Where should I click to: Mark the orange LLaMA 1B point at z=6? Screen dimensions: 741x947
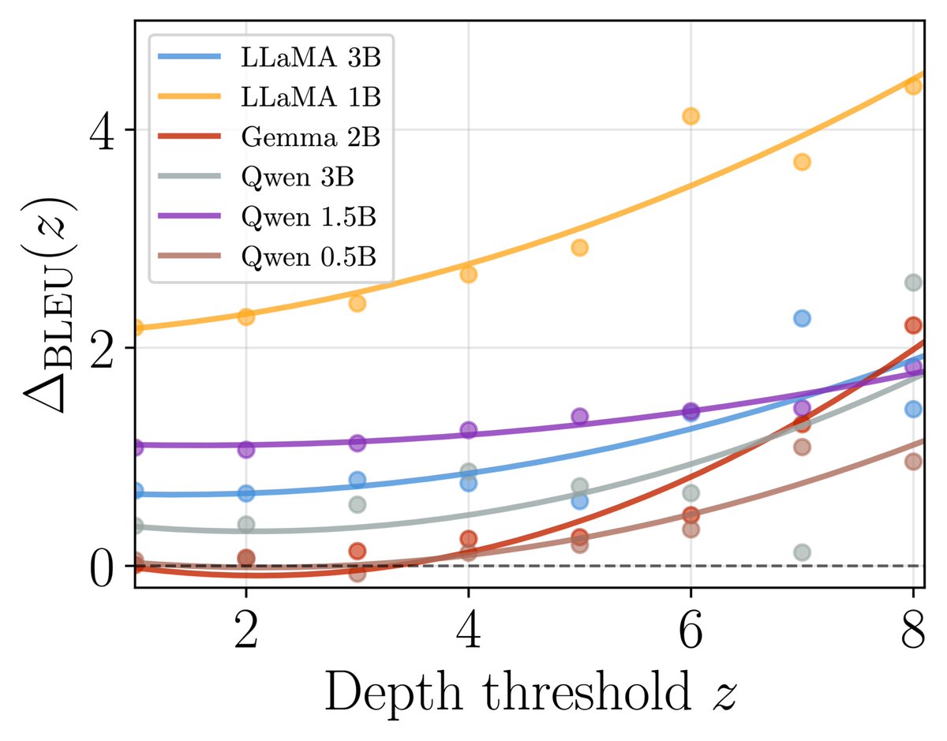point(691,116)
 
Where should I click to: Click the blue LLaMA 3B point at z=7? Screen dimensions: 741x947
point(802,318)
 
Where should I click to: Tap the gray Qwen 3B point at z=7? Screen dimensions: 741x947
point(802,552)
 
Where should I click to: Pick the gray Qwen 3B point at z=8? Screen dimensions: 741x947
point(913,283)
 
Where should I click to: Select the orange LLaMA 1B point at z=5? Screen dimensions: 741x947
point(579,248)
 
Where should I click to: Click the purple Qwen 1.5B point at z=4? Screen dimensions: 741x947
point(468,430)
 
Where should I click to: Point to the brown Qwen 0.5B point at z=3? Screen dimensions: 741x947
point(357,574)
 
